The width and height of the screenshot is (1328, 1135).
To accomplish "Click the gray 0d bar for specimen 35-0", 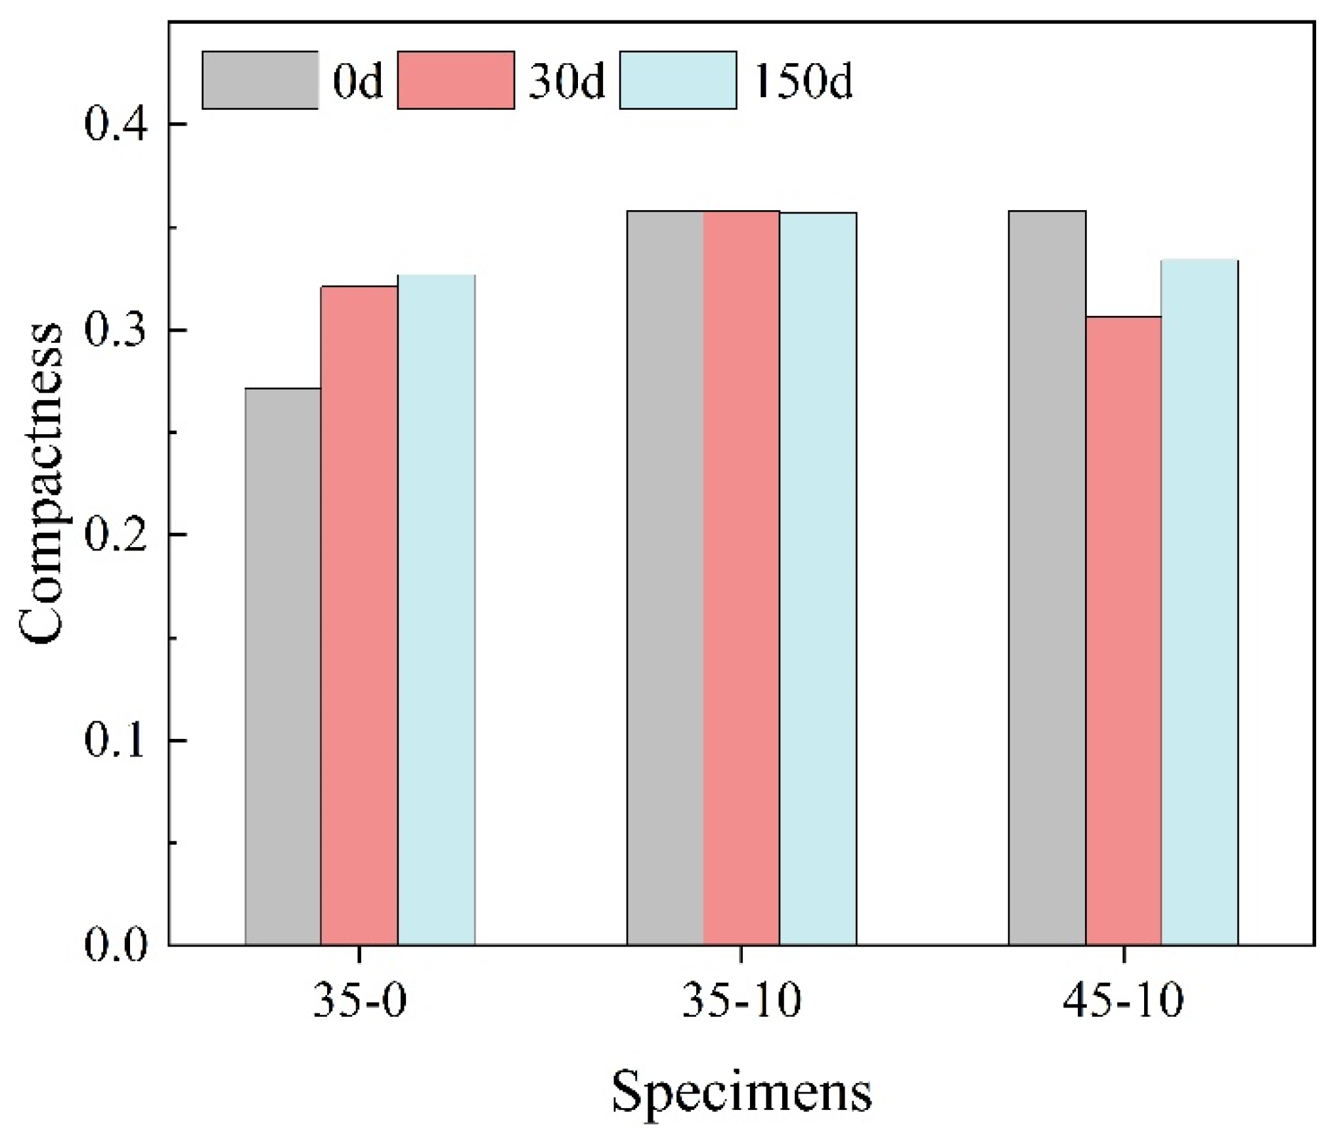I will click(283, 667).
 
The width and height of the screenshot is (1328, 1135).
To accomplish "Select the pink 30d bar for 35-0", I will click(359, 615).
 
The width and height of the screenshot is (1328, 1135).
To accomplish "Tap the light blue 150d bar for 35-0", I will click(436, 610).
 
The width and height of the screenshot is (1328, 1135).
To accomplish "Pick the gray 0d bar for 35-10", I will click(665, 578).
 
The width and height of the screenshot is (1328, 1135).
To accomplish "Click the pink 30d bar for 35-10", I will click(741, 578).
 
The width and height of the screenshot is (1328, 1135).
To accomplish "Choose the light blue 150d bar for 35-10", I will click(818, 579).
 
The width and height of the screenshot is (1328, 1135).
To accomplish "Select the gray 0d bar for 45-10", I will click(1047, 578).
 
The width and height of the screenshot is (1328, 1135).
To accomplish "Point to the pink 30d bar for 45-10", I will click(1123, 631).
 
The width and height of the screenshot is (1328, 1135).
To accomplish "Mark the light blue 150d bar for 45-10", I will click(1199, 602).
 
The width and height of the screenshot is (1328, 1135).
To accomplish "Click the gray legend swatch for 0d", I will click(260, 79).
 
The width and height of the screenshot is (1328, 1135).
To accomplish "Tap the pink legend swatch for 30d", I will click(456, 79).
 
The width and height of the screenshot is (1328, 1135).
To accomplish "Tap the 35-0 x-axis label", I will click(359, 1001).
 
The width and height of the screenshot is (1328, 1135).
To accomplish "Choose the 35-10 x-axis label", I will click(741, 1001).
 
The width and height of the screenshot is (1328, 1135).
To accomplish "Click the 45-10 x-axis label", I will click(1123, 1001).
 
